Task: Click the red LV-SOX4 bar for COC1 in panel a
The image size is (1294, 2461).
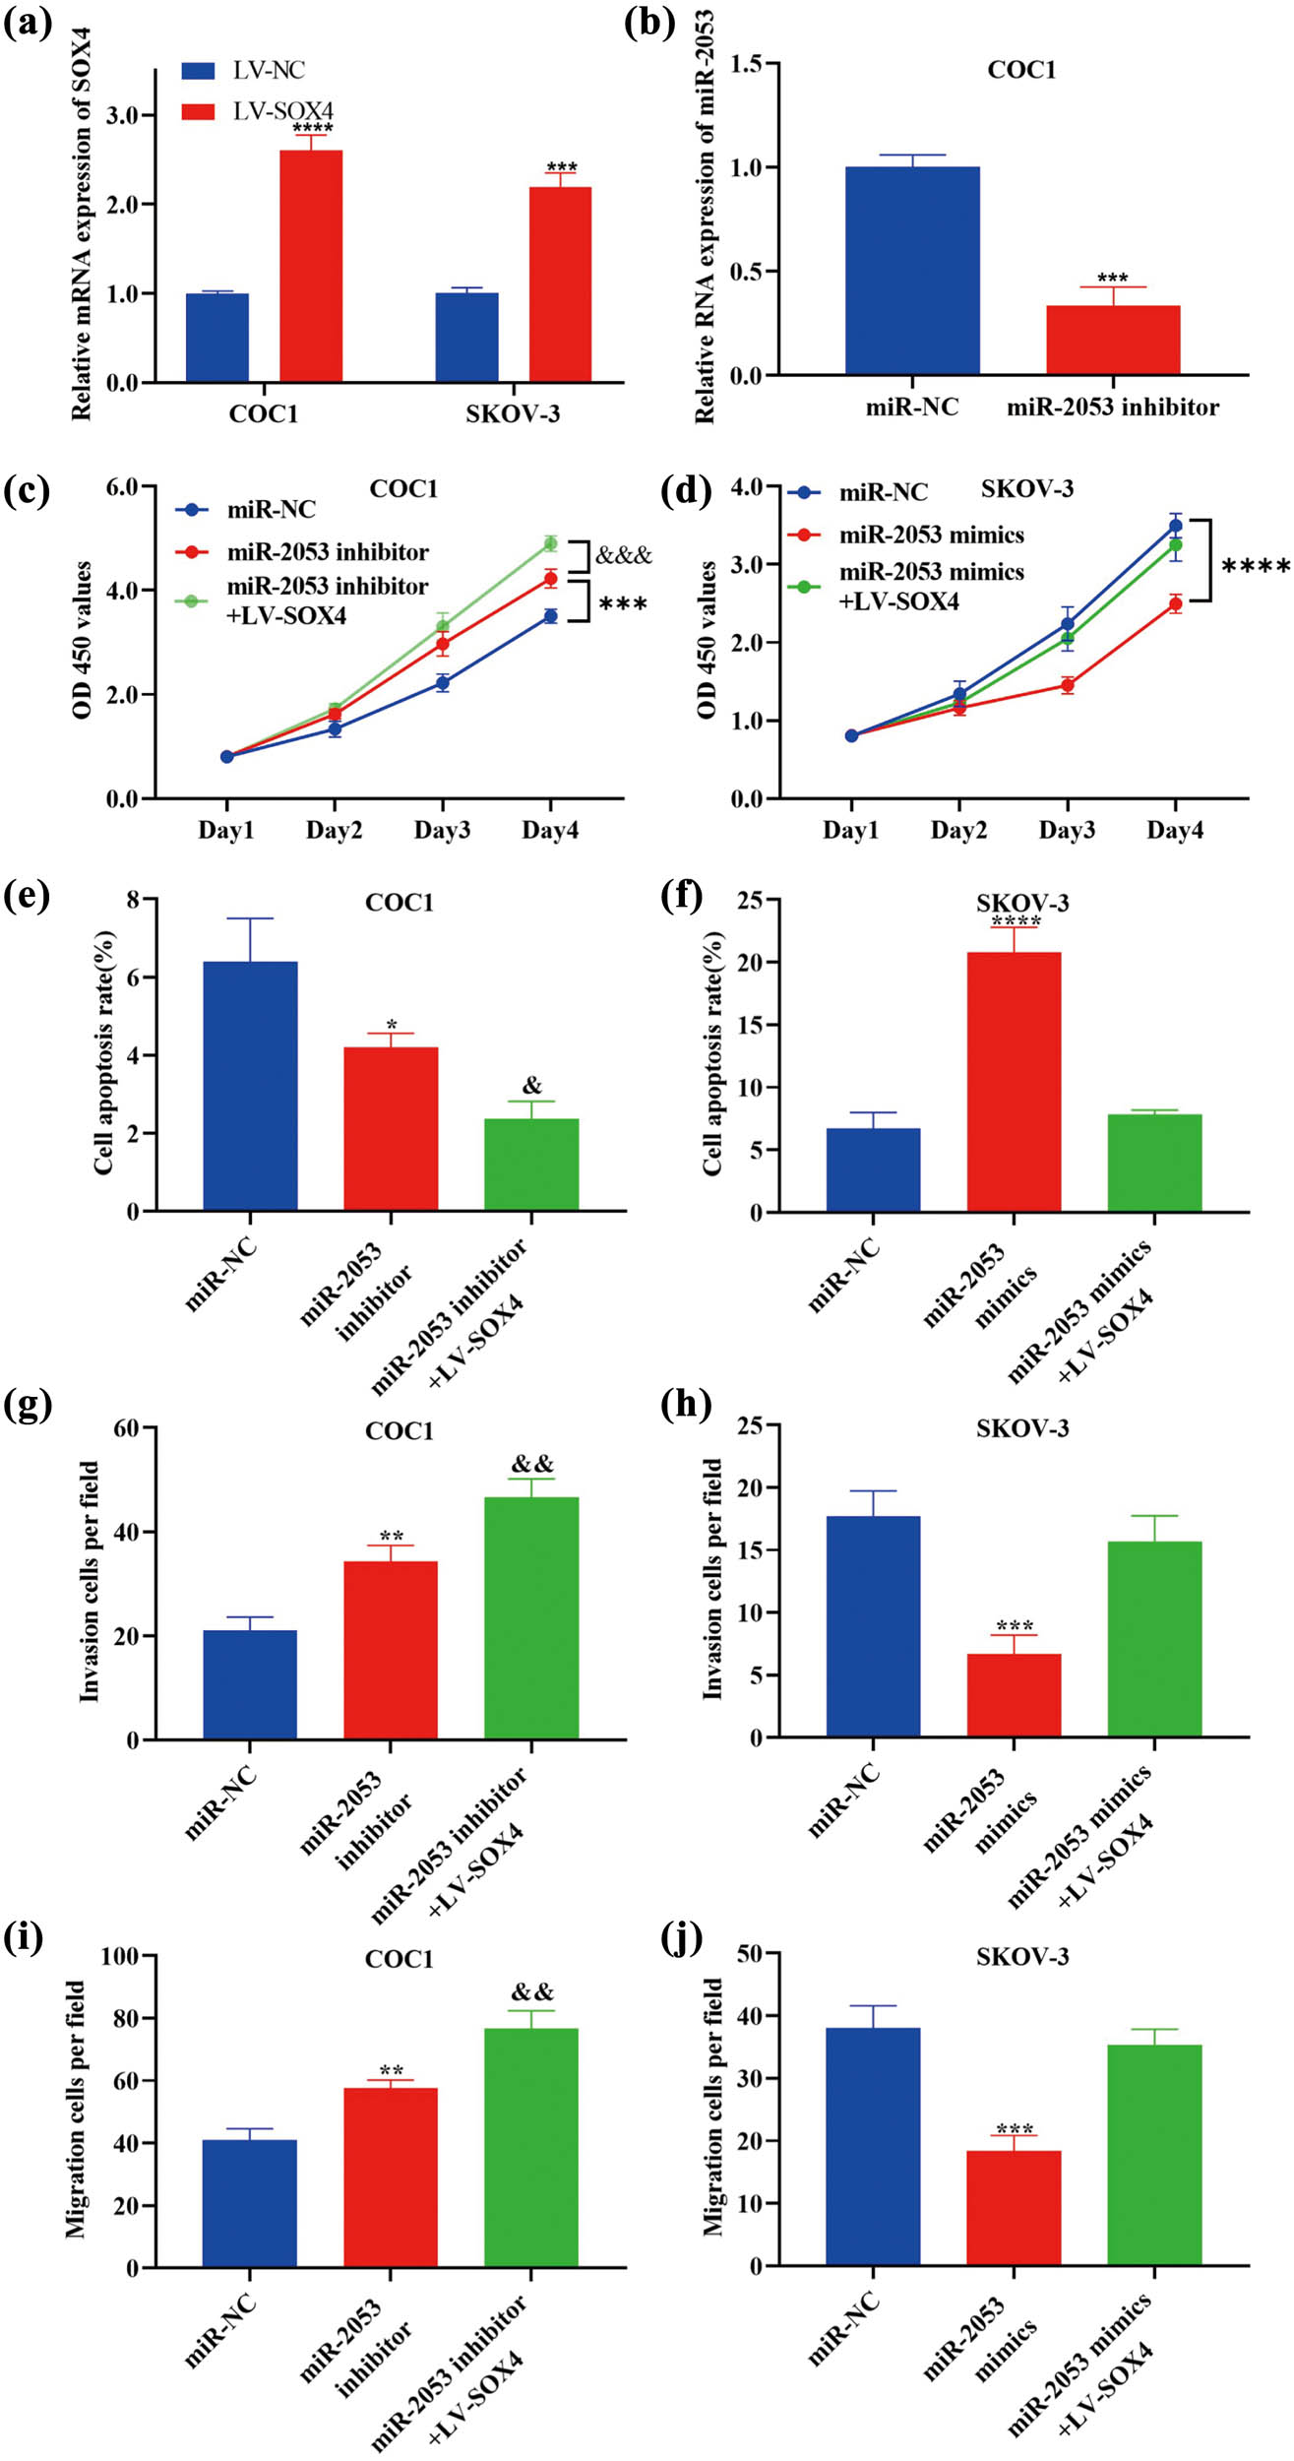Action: [311, 266]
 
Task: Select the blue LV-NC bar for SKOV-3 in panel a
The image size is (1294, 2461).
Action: [467, 338]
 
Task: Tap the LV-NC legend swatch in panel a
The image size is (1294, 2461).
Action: [198, 71]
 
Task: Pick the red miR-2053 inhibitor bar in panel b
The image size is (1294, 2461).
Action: [1112, 341]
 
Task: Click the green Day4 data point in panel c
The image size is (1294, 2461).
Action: [550, 543]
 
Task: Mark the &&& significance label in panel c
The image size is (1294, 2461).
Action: [624, 556]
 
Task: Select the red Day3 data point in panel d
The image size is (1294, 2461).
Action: [1067, 685]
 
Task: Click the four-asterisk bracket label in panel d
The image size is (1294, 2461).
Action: [1255, 567]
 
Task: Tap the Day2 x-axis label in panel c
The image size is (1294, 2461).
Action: [334, 831]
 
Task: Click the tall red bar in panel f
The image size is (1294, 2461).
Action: [1014, 1082]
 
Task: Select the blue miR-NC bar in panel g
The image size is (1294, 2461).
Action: [250, 1685]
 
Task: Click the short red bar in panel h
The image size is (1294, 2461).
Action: [1014, 1697]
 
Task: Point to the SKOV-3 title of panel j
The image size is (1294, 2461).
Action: [1022, 1957]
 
